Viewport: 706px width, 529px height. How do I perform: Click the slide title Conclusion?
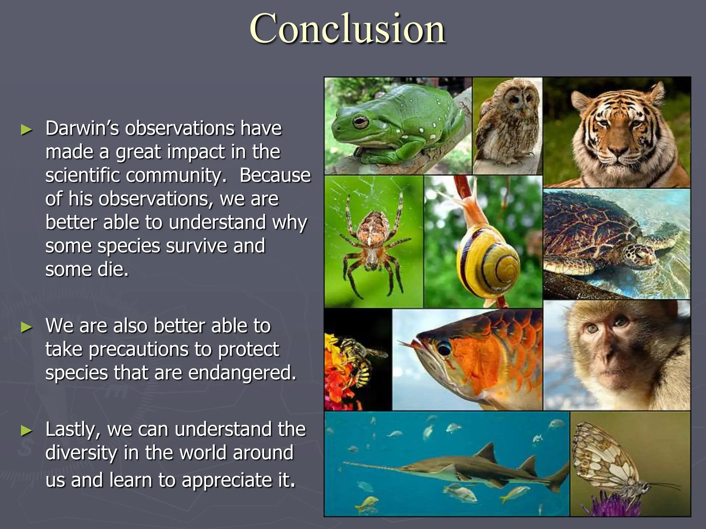347,29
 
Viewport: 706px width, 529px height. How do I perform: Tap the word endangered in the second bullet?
242,373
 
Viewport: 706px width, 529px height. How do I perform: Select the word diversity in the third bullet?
81,453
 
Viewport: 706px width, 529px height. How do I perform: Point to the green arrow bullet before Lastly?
26,431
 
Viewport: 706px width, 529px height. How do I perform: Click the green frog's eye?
361,122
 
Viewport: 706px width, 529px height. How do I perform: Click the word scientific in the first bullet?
83,176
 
